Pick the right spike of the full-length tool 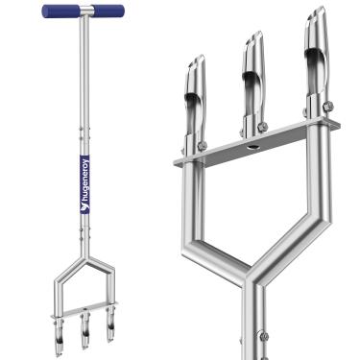coord(108,330)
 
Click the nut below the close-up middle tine coord(262,126)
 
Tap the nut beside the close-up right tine coord(329,106)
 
